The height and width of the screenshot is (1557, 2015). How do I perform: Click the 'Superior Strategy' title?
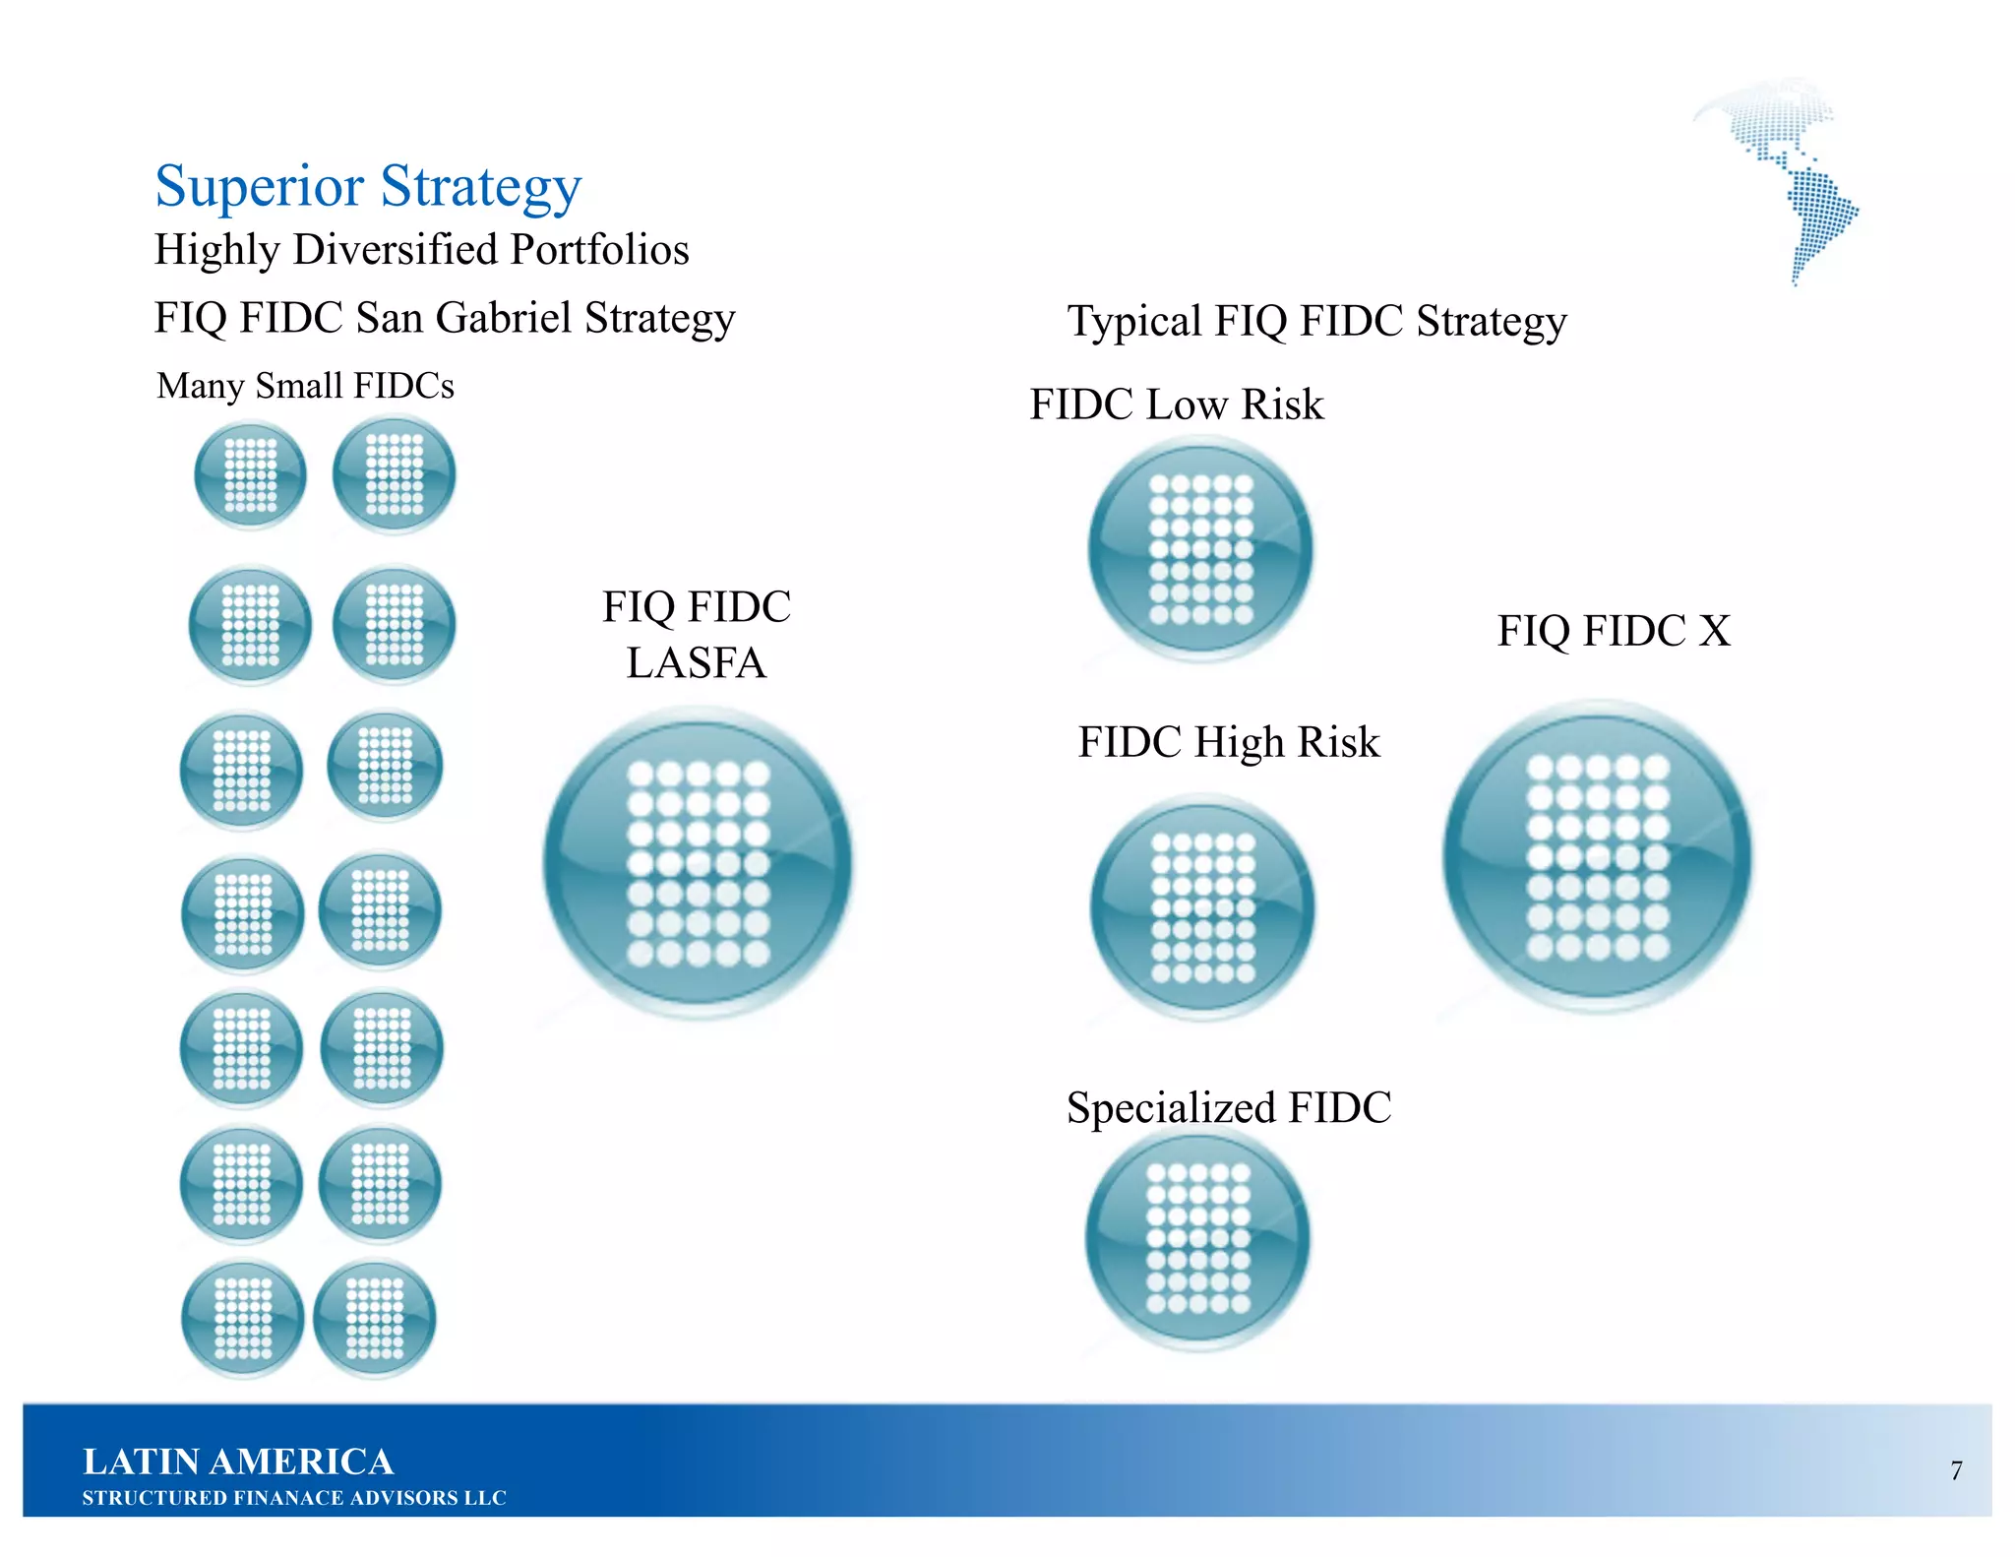tap(368, 186)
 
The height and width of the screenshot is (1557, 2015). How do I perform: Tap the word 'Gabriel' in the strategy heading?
tap(503, 318)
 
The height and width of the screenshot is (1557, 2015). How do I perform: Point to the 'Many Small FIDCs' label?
tap(305, 386)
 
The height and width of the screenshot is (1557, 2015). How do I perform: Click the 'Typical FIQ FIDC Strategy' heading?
tap(1316, 322)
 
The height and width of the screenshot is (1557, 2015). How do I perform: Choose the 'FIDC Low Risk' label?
tap(1177, 405)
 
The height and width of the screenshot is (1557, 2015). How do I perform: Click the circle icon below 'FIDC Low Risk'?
tap(1200, 549)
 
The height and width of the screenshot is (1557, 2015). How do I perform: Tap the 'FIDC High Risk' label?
tap(1229, 742)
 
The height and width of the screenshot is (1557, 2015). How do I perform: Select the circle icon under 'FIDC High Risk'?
tap(1202, 906)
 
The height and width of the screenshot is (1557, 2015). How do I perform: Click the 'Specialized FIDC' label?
tap(1229, 1108)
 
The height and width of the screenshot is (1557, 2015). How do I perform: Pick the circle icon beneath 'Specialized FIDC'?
tap(1197, 1238)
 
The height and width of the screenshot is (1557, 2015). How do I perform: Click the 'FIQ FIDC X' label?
tap(1614, 631)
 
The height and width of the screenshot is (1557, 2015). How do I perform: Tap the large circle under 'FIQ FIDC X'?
tap(1598, 855)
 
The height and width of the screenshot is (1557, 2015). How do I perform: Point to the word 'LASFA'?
tap(697, 663)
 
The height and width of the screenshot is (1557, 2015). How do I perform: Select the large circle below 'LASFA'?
tap(698, 863)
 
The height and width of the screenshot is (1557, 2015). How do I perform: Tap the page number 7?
tap(1956, 1470)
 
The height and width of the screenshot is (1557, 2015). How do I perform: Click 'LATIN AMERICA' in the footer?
tap(238, 1462)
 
